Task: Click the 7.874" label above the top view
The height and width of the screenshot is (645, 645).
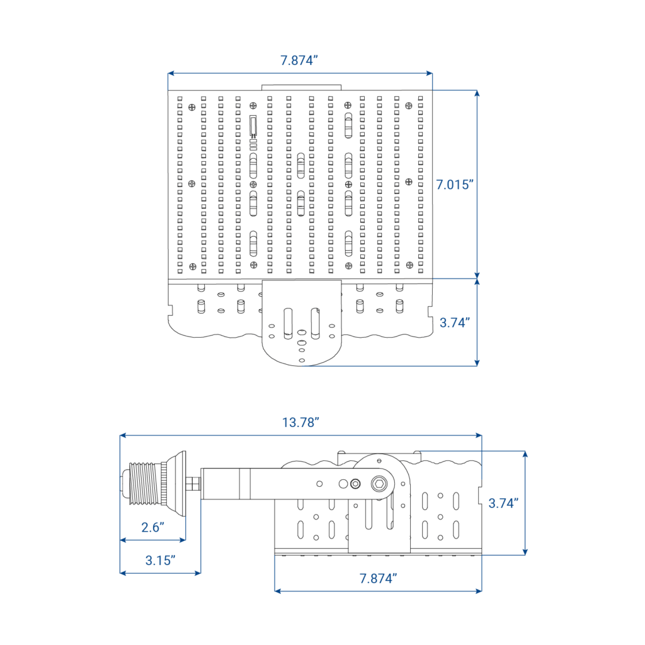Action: pos(299,60)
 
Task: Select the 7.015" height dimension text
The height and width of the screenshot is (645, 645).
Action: pos(455,185)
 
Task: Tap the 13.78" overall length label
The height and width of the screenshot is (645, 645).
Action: pos(300,422)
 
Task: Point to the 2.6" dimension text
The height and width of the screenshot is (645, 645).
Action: pos(152,527)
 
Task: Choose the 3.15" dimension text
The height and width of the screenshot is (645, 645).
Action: pos(160,560)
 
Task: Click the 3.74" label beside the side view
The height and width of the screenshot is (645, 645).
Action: pos(503,503)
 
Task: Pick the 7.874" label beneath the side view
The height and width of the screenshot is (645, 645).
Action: pos(378,578)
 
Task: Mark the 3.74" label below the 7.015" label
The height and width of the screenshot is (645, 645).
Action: pos(455,322)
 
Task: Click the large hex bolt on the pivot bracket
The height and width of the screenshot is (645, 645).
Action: pos(380,484)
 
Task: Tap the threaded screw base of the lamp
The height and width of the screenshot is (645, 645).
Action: pos(144,483)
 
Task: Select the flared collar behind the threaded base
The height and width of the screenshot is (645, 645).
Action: pos(176,483)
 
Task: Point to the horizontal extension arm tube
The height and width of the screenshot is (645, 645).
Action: pos(236,484)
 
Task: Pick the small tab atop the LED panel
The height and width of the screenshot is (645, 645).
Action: pos(301,88)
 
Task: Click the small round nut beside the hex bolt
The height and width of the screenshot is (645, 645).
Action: pos(355,484)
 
